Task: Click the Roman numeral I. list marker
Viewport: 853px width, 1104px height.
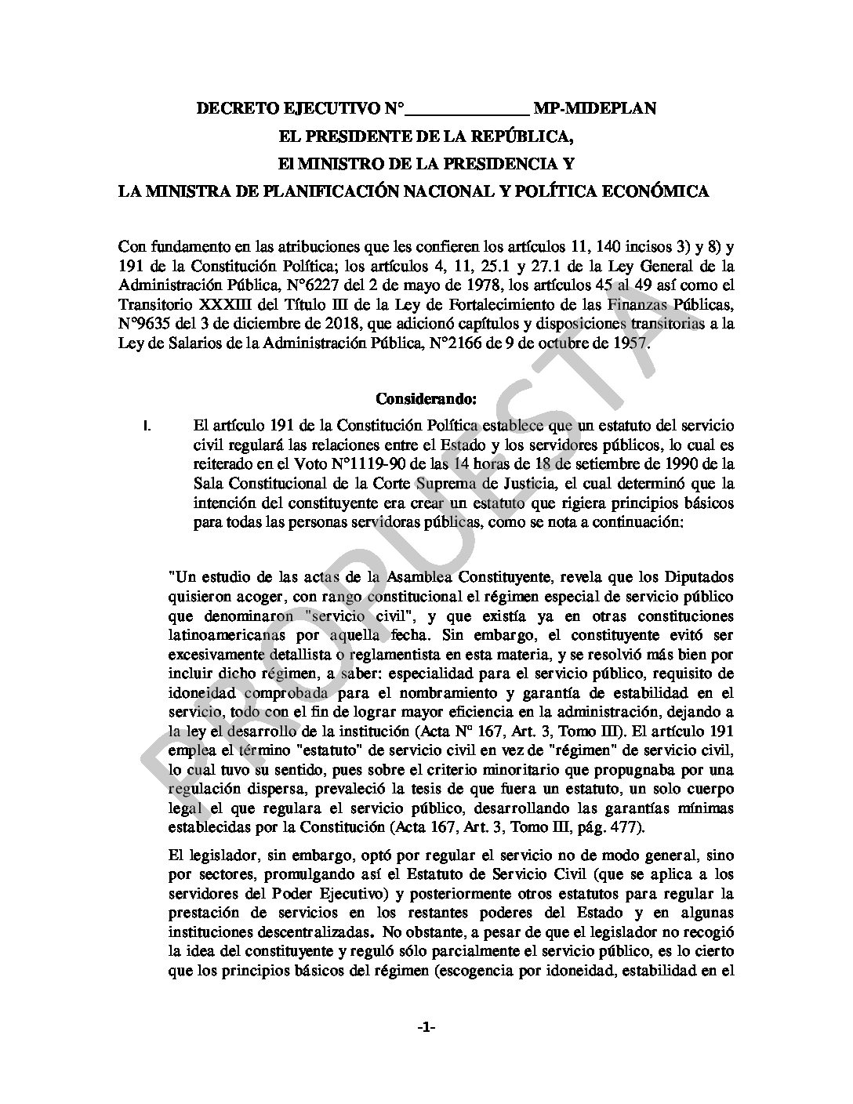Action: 147,427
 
